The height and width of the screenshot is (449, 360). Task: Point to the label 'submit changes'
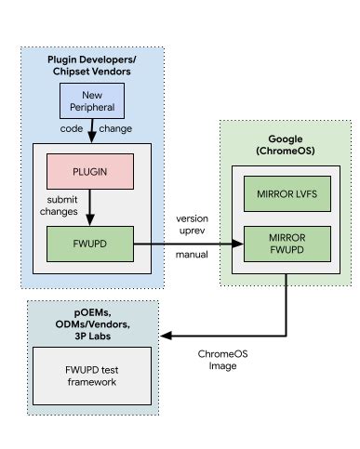tap(59, 205)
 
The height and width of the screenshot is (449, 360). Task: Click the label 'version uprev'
tap(192, 224)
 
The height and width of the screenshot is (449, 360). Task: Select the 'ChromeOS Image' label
tap(223, 359)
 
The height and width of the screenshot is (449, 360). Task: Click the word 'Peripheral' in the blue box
tap(91, 108)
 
